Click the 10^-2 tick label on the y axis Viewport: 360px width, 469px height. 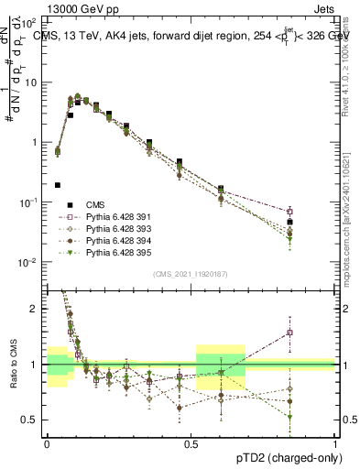pyautogui.click(x=30, y=262)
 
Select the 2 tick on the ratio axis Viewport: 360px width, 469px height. pyautogui.click(x=38, y=309)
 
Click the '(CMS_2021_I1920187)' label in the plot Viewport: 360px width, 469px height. pyautogui.click(x=190, y=272)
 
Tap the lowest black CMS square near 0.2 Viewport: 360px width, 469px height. pyautogui.click(x=58, y=184)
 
